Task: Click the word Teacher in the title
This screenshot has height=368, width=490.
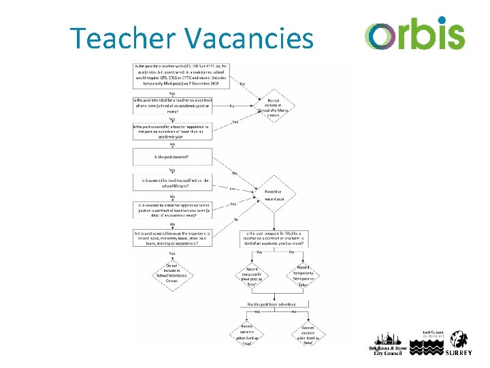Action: pos(122,38)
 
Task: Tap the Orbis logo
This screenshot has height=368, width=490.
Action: pos(414,34)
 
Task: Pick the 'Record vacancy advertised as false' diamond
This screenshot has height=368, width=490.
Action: pos(308,334)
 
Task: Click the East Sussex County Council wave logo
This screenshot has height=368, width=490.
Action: pos(426,348)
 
